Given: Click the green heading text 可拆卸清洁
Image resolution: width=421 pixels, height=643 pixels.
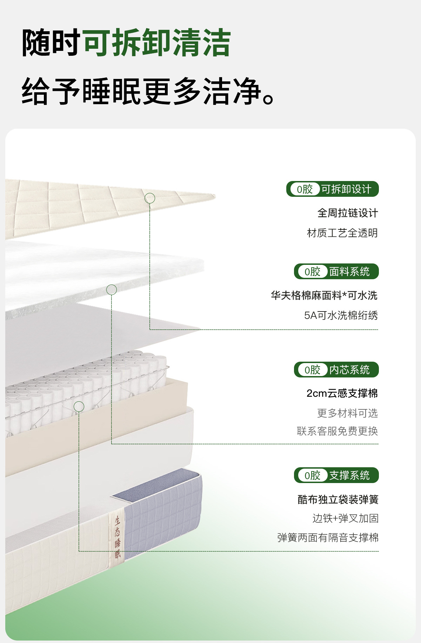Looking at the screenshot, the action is coord(157,43).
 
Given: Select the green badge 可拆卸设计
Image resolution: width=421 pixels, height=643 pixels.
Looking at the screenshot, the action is coord(332,189).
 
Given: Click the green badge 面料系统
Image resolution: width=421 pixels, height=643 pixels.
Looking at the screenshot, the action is coord(336,272).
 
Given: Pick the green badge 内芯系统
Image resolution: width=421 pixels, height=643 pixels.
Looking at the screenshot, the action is coord(336,370).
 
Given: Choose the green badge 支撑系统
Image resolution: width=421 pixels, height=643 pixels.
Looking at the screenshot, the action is coord(336,475).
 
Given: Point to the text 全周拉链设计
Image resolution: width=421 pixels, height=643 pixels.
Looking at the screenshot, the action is coord(347,213).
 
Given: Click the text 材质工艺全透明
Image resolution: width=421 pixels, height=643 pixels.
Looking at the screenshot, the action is coord(342,233).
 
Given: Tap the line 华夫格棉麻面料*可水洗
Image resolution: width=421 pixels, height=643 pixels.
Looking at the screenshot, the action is coord(324,295).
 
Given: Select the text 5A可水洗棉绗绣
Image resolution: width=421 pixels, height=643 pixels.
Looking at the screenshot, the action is coord(341,315).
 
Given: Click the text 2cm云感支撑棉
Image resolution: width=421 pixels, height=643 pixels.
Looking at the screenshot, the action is coord(342,393).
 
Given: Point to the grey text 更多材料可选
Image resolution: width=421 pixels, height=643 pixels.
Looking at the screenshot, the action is coord(347,413).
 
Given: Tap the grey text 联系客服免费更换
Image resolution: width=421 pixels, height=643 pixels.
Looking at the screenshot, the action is coord(337,431).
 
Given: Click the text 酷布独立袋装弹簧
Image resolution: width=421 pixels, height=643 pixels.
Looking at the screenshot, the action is coord(338,500).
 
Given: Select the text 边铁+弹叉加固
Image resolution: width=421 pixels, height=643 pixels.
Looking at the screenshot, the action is coord(345,518).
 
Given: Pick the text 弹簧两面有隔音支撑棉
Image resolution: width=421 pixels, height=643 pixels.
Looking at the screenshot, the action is coord(328,537).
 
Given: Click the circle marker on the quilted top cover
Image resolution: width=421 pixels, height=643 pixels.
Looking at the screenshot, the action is coord(150,198).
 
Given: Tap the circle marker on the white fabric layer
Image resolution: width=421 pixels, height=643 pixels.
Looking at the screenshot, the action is coord(112,290).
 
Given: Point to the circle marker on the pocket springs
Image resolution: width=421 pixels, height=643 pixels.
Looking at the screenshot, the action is coord(79,407).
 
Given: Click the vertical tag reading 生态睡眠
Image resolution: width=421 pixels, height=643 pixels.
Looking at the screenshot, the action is coord(118,537).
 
